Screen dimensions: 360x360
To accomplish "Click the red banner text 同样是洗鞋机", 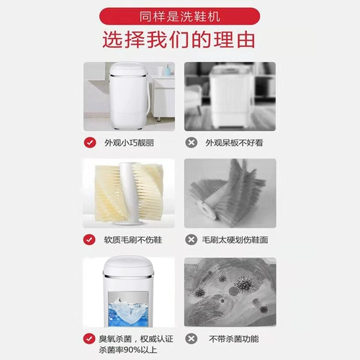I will (x=180, y=14).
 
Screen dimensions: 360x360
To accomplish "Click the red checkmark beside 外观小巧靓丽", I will (x=89, y=142).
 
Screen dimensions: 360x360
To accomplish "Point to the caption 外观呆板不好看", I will (x=235, y=143).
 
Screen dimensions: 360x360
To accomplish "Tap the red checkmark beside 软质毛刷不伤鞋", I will (x=89, y=239).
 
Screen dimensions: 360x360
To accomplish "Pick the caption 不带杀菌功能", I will (x=233, y=338).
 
